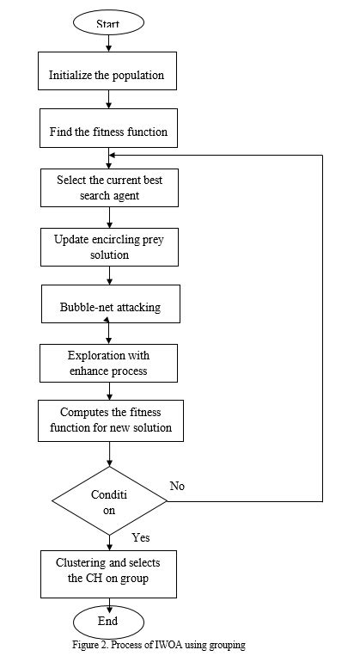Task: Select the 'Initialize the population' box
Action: coord(107,74)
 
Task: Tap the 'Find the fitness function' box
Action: coord(107,132)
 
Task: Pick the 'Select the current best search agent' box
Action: coord(107,188)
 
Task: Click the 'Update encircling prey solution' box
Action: coord(107,247)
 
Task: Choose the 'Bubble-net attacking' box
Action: coord(107,306)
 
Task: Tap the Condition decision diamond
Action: coord(109,501)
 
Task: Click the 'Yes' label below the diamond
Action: coord(141,537)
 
